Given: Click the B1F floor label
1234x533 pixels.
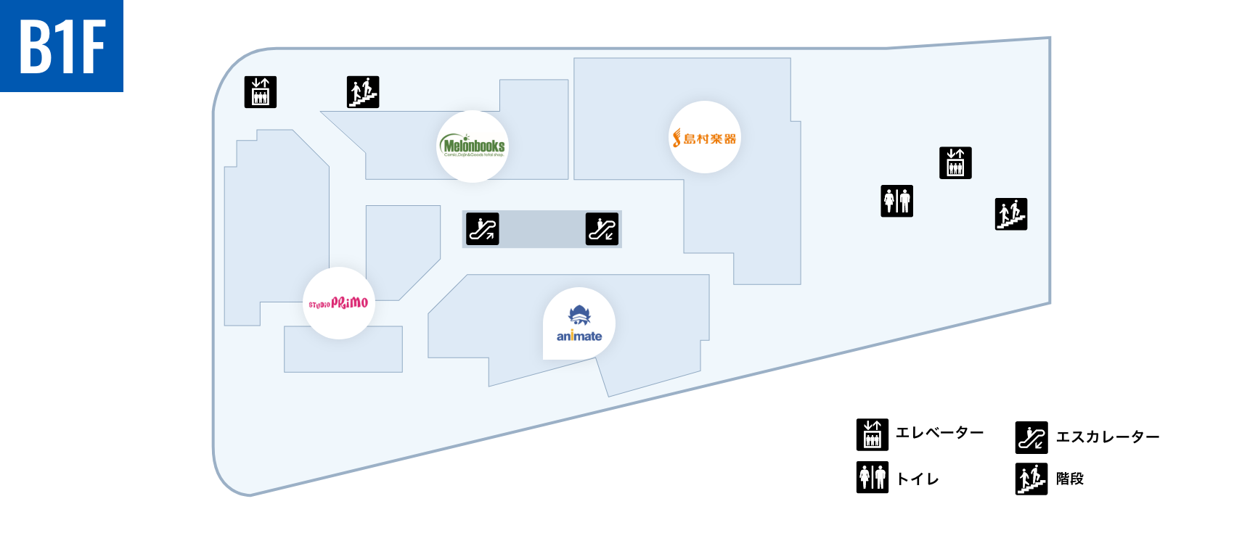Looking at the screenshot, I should point(62,46).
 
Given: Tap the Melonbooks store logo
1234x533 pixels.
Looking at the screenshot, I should point(473,146).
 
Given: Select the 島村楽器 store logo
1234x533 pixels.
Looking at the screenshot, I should point(705,138).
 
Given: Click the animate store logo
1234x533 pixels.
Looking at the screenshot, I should point(579,324).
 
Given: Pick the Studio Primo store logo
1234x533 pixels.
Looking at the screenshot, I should point(338,302).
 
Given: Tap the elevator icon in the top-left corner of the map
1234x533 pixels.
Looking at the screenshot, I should point(261,92).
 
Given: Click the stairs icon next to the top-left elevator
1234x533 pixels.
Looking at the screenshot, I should point(363,92).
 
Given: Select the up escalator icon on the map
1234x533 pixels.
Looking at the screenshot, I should point(482,229).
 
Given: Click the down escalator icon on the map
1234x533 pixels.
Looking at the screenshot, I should point(602,229).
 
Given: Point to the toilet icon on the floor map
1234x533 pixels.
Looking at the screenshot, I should point(897,201).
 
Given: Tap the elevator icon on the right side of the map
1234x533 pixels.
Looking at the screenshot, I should point(955,163).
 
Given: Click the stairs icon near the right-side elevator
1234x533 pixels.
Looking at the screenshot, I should point(1011,214).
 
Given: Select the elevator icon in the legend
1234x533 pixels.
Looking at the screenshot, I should point(873,434).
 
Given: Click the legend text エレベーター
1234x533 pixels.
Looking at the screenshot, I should point(939,433).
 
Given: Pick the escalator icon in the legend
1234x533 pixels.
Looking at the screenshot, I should point(1031,437).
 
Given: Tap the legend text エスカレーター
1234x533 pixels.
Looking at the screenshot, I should point(1107,437).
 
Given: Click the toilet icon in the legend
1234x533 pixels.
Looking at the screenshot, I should point(873,477).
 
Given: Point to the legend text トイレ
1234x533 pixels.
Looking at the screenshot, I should point(918,479).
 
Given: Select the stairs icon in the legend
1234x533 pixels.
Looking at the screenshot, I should point(1031,479).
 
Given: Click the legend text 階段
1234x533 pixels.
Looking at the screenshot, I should point(1069,479).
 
